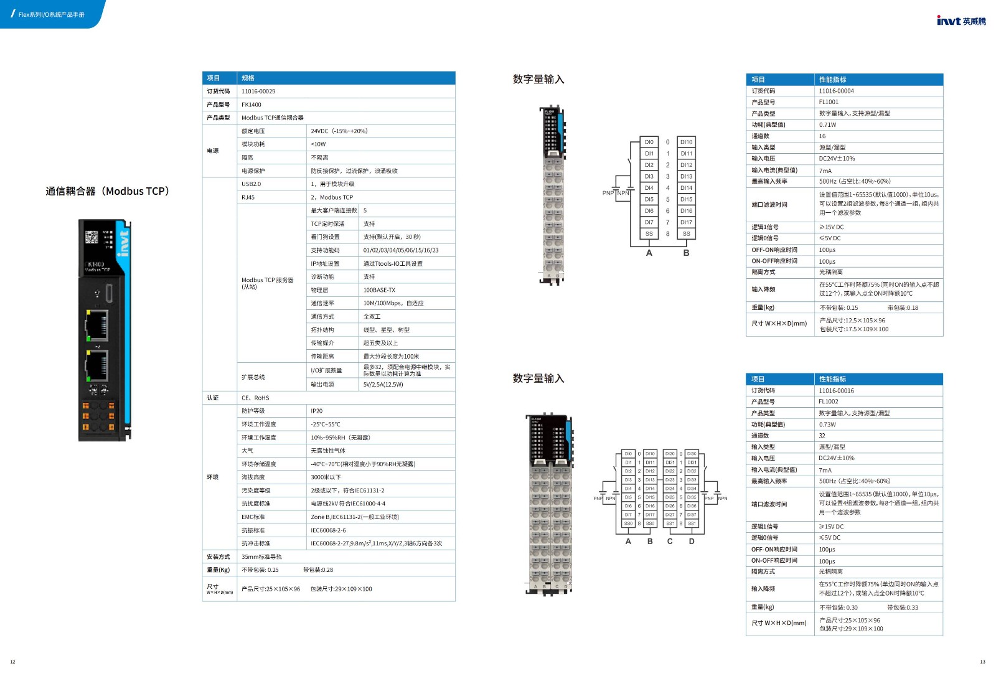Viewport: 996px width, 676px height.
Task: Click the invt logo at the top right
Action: (x=961, y=21)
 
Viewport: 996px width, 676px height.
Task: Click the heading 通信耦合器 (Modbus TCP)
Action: (x=107, y=191)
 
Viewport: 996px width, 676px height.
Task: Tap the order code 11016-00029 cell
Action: (x=258, y=92)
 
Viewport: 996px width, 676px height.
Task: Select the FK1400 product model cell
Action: (x=251, y=105)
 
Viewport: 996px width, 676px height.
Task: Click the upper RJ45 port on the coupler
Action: (x=96, y=324)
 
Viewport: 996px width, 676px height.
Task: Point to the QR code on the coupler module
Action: (x=92, y=237)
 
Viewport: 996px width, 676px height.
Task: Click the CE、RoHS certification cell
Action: (x=255, y=398)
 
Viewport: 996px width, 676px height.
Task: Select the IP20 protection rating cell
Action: (x=317, y=411)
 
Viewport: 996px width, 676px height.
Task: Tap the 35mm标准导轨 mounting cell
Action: (x=261, y=556)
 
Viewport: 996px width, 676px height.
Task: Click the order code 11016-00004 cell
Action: (x=836, y=91)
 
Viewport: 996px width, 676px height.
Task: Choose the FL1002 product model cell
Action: (x=828, y=401)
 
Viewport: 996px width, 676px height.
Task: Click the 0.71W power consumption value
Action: (x=827, y=124)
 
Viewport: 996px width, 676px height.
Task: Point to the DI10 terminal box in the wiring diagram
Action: (x=686, y=142)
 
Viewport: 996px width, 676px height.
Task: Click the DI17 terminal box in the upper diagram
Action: (x=686, y=222)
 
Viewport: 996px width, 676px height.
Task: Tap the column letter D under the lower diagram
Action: (x=691, y=541)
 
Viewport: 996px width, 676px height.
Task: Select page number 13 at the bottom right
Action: (x=982, y=662)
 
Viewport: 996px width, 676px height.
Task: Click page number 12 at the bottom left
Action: (x=12, y=662)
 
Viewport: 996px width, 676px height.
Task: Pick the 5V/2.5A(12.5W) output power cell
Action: (x=383, y=385)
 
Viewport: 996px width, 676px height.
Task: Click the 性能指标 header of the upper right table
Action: (x=832, y=80)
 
